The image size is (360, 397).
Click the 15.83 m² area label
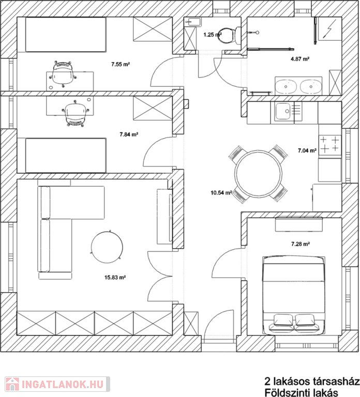(x=115, y=278)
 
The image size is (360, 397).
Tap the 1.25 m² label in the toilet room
(x=213, y=35)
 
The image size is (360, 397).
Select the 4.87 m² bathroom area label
(x=300, y=59)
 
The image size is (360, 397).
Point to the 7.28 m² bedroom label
(x=301, y=244)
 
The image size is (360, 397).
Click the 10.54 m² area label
(x=221, y=193)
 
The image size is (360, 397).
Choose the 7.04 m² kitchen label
(x=307, y=150)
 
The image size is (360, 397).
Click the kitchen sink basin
(x=283, y=111)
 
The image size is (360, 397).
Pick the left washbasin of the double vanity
(x=286, y=86)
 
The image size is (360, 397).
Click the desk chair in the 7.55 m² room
(x=62, y=74)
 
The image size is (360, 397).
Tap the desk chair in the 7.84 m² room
(x=75, y=113)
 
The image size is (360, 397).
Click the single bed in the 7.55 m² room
(x=65, y=35)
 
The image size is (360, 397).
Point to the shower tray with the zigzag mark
(x=329, y=29)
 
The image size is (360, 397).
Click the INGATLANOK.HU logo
(x=57, y=384)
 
